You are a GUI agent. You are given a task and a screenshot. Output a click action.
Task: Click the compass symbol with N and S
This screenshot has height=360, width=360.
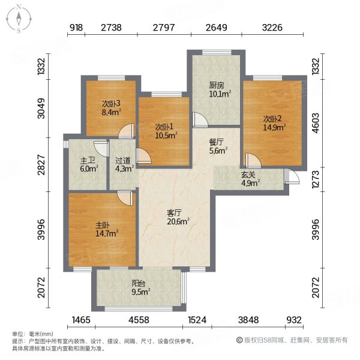[19, 18]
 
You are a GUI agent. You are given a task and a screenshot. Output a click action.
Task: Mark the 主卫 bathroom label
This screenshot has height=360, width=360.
[87, 161]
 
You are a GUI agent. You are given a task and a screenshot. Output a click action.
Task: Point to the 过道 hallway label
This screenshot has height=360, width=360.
[123, 161]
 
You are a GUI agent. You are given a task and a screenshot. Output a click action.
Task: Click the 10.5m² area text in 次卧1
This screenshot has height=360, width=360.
[164, 135]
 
